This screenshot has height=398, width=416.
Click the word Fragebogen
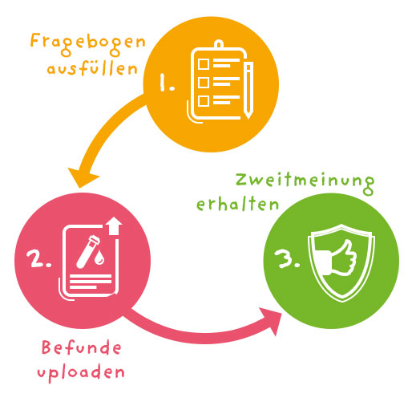coord(88,44)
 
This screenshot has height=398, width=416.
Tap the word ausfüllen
coord(92,68)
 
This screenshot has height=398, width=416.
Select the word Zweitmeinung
coord(305,183)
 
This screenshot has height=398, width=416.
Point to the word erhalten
coord(238,204)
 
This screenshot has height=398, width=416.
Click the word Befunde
coord(82,347)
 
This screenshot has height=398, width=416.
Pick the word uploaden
coord(81,372)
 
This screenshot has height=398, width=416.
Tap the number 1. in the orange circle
coord(167,83)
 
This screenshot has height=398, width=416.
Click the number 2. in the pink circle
coord(39,258)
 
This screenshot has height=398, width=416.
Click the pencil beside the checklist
coord(248,91)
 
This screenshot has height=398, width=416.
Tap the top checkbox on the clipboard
coord(204,64)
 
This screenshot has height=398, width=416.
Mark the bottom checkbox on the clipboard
coord(204,101)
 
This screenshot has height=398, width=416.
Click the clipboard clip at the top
coord(219,44)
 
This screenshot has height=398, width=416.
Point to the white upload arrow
coord(114,225)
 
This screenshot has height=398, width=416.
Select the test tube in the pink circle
coord(88,251)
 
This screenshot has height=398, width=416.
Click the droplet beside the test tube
coord(100,258)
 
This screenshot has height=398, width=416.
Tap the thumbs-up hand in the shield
coord(339,258)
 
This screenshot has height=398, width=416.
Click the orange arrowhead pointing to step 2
coord(83,177)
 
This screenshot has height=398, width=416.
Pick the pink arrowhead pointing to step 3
coord(272,320)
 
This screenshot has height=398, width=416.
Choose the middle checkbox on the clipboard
coord(204,83)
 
